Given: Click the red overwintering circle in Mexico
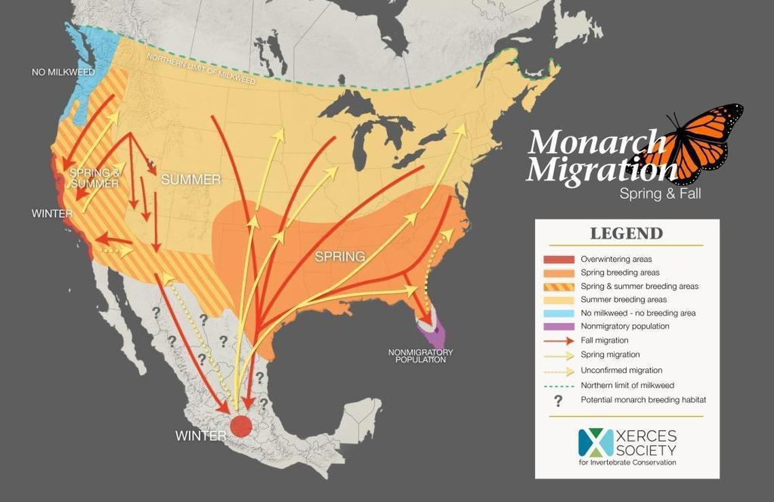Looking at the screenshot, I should (x=241, y=426).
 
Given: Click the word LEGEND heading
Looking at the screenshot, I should (x=626, y=234).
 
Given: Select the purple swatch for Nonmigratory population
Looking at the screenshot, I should (x=559, y=326).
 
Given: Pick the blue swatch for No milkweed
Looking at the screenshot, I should (x=559, y=313).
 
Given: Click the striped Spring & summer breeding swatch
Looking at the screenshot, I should (x=559, y=286).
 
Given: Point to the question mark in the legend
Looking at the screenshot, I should (x=558, y=401).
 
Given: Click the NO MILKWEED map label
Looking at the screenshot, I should (x=63, y=72).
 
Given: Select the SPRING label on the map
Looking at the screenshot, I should (x=339, y=257).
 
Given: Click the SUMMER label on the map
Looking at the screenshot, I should (x=191, y=180).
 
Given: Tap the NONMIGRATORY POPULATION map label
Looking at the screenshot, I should (x=420, y=356).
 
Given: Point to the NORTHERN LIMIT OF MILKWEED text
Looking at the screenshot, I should (x=201, y=68).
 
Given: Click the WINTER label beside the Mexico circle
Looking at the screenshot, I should (x=200, y=436).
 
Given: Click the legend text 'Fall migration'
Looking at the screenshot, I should (x=604, y=341).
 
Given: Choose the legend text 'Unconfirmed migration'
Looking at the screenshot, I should (x=621, y=370).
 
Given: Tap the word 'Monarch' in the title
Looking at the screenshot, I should (x=596, y=143).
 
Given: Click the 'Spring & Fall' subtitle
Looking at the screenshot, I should (x=659, y=193).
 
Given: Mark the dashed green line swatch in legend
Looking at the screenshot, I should (x=559, y=385).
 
